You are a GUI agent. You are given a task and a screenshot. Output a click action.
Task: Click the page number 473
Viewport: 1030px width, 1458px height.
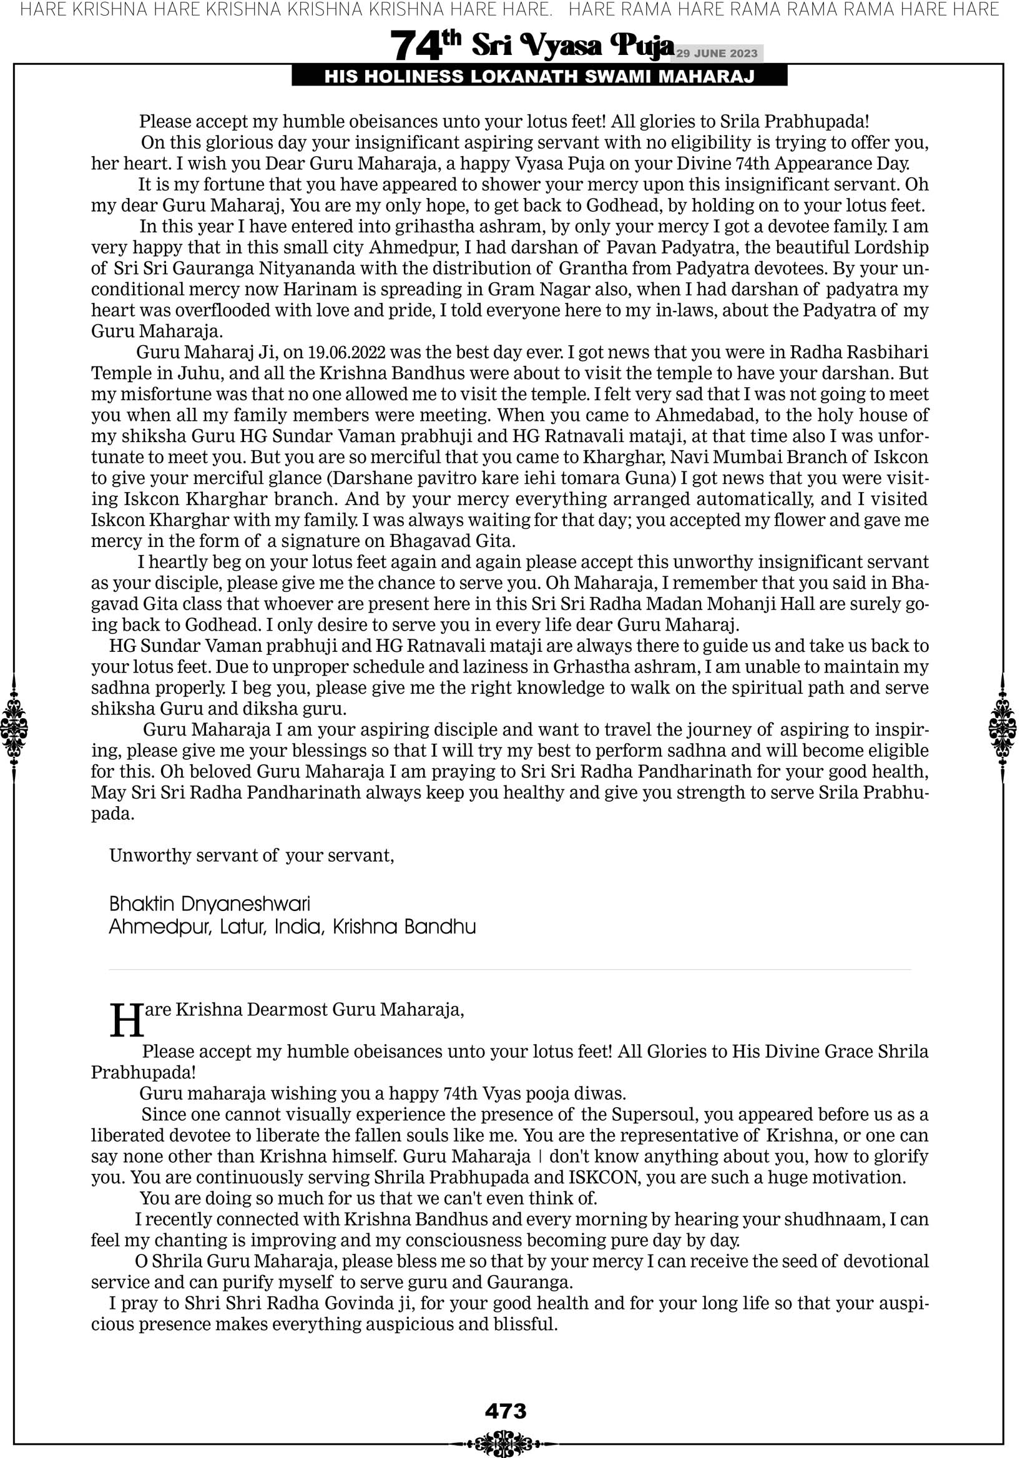506,1411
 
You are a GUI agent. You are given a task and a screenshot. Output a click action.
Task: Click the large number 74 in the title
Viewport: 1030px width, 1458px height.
416,46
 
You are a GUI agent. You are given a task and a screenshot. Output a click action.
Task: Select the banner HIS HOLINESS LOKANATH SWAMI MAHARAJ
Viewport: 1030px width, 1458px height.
539,77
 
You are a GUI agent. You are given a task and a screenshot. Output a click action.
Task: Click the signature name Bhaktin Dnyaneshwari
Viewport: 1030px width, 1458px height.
210,904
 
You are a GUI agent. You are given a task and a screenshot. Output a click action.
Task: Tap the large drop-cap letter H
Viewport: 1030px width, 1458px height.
127,1021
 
